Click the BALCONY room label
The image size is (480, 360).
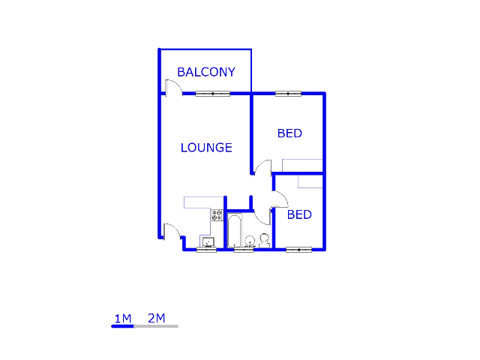coord(205,72)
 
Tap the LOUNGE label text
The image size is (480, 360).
coord(206,148)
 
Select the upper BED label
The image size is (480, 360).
coord(289,133)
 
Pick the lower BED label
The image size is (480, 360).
coord(299,214)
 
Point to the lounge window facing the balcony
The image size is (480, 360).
coord(213,94)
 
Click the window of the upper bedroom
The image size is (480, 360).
coord(288,94)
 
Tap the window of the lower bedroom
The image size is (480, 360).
coord(298,249)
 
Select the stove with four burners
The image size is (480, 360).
coord(217,214)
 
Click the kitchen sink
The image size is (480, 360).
coord(207,241)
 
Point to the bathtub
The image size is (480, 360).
coord(234,231)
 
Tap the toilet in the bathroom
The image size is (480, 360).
coord(264,240)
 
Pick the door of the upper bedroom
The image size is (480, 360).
coord(262,169)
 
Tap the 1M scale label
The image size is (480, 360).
coord(123,318)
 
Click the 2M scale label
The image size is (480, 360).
coord(157,318)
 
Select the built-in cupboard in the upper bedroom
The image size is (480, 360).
coord(302,166)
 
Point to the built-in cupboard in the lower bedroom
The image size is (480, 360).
coord(310,181)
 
